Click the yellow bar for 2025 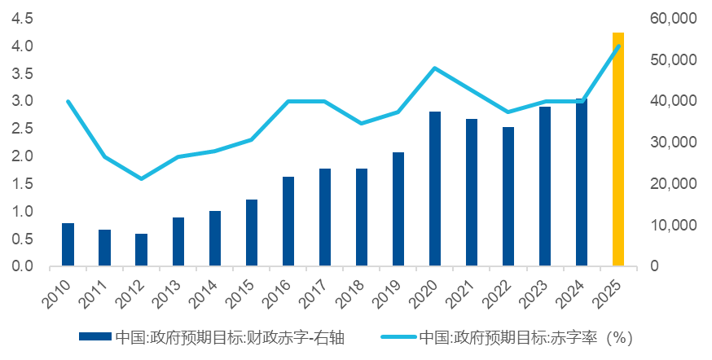[618, 150]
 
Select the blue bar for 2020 [435, 189]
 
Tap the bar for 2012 [141, 249]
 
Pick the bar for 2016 [288, 221]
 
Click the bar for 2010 [68, 244]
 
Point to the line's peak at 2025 [618, 46]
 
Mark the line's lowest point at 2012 [141, 178]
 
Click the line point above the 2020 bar [435, 68]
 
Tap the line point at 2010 [68, 101]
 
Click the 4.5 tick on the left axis [23, 18]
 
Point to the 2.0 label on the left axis [23, 156]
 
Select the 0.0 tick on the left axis [23, 266]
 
